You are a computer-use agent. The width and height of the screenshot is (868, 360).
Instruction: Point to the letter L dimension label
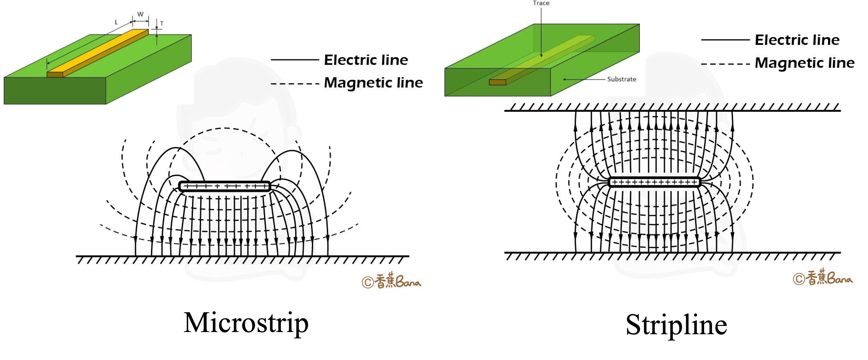[x=116, y=23]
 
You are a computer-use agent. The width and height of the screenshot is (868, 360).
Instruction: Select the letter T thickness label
[x=162, y=24]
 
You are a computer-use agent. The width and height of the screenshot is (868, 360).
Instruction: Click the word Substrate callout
[x=621, y=79]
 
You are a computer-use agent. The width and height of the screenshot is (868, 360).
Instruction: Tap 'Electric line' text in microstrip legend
[x=366, y=60]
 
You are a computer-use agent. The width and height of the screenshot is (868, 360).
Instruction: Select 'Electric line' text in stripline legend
[x=797, y=40]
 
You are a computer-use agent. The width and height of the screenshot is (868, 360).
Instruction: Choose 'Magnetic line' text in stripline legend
[x=804, y=63]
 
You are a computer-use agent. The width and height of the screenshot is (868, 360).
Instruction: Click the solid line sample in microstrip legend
[x=294, y=60]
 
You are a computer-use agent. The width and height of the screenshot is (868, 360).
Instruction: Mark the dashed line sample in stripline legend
[x=725, y=64]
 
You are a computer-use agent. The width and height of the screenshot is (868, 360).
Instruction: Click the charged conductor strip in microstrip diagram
[x=225, y=186]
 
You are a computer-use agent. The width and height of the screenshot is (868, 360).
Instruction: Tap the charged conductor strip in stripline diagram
[x=655, y=182]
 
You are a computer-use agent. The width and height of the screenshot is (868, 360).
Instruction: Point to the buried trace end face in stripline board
[x=498, y=82]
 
